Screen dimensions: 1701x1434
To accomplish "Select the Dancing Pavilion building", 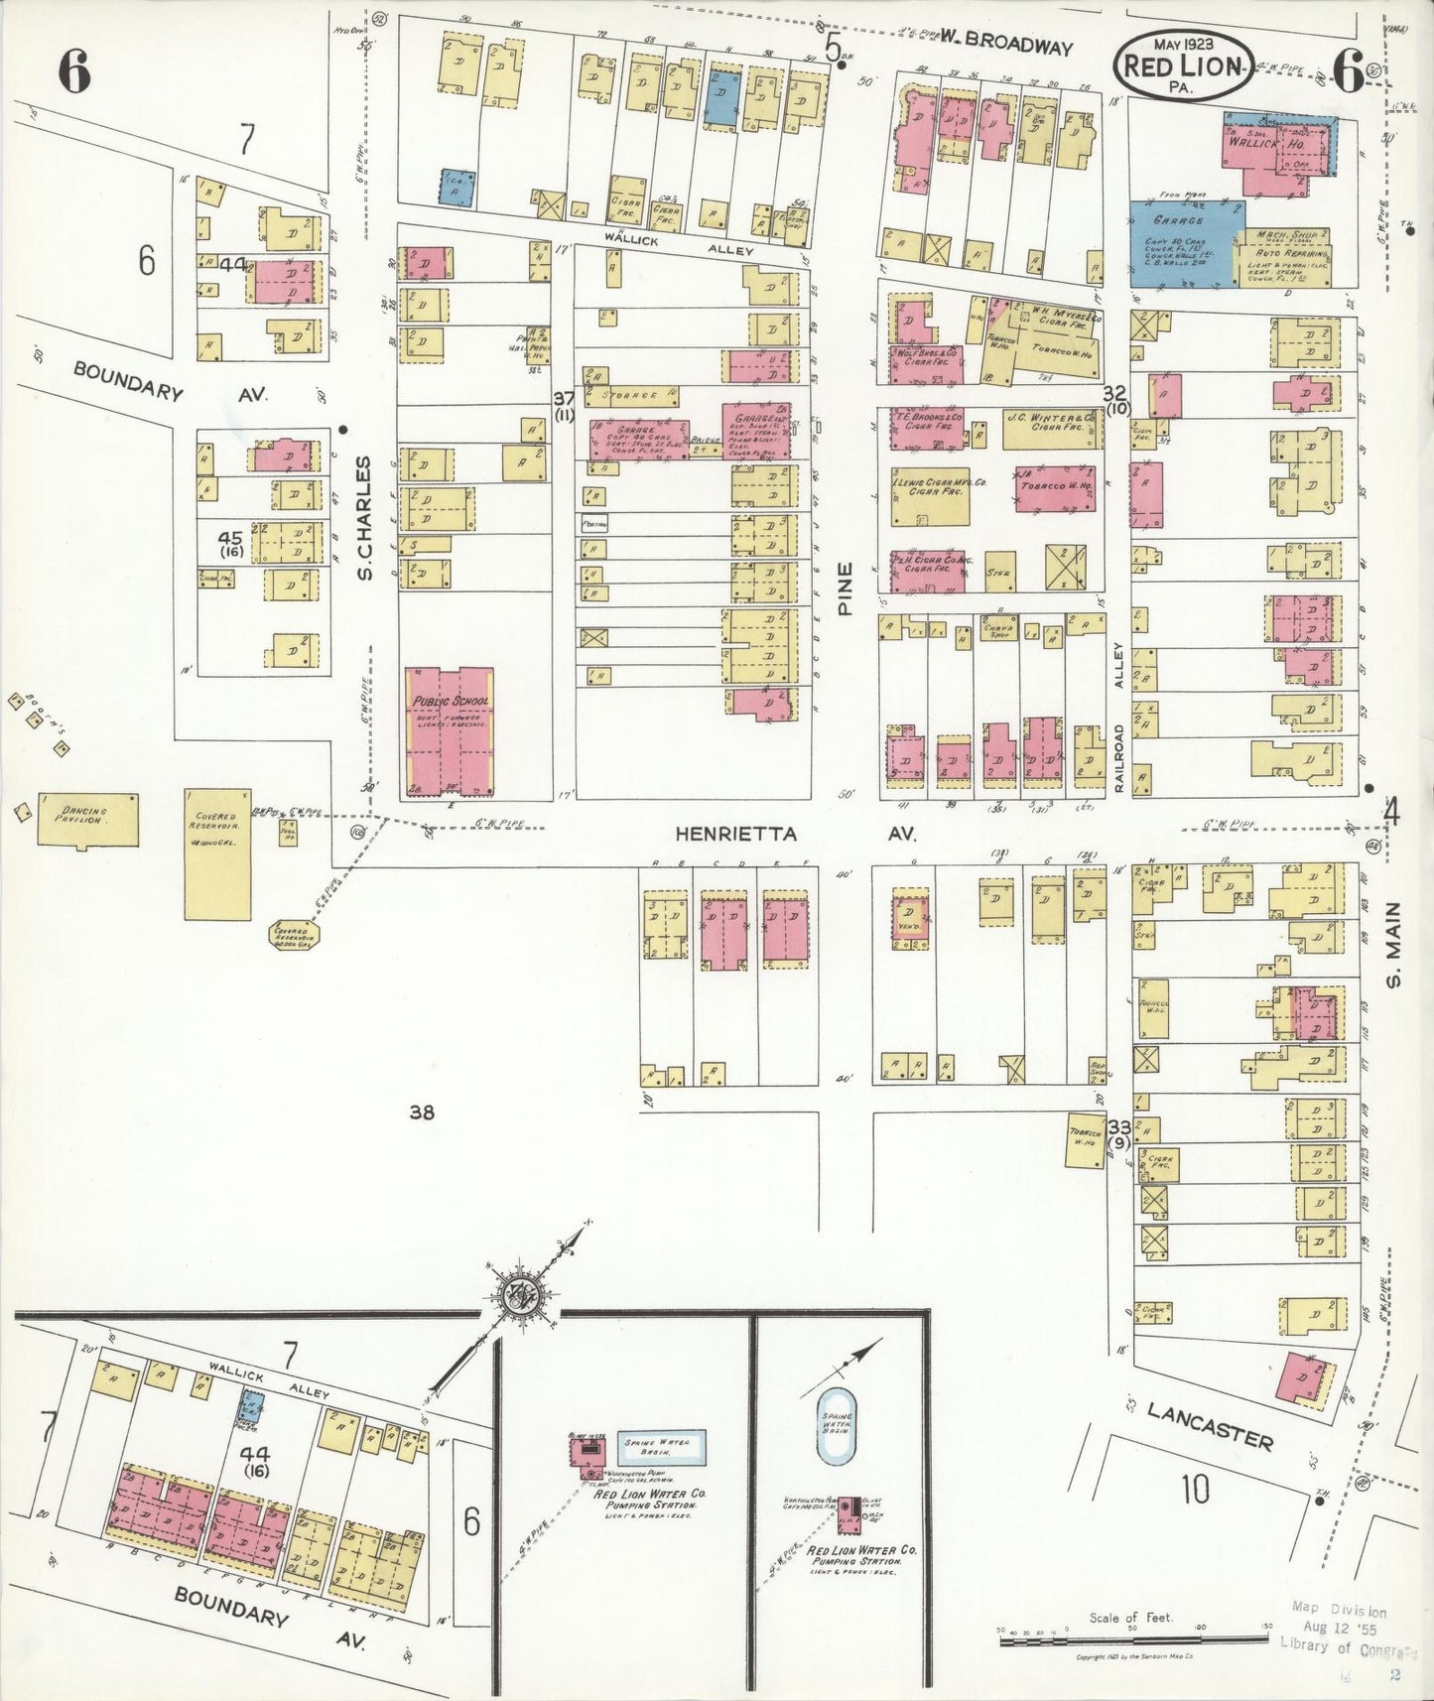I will (x=87, y=819).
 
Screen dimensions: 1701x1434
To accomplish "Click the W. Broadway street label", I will (x=1006, y=46).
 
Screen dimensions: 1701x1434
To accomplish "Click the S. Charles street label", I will (x=364, y=518).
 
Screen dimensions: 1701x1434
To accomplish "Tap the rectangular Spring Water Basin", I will (x=661, y=1448).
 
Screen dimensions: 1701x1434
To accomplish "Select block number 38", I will (x=423, y=1112).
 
